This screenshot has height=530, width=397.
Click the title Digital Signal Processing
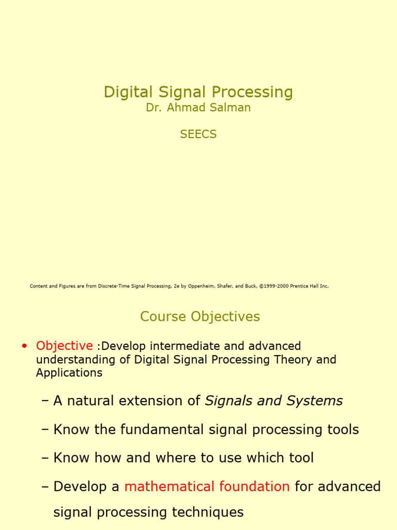(x=198, y=92)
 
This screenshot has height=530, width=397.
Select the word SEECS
(x=198, y=135)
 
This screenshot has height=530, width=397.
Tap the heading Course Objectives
(x=200, y=316)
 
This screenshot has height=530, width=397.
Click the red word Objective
(x=64, y=346)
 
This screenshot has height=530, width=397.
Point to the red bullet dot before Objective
(x=24, y=346)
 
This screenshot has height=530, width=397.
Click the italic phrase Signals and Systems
(x=274, y=401)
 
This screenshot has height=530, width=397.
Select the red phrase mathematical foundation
(x=207, y=487)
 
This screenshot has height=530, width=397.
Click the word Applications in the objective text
(x=69, y=373)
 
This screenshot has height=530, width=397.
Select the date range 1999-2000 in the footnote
(x=274, y=286)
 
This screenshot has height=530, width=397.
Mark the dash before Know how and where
(x=45, y=458)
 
